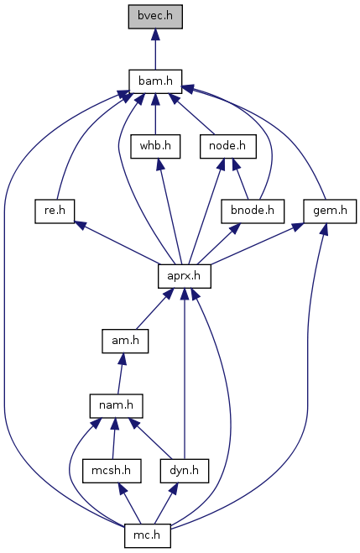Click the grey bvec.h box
(x=155, y=17)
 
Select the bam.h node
(x=155, y=81)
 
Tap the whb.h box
(x=155, y=146)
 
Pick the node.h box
(x=227, y=146)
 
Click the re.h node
(x=55, y=211)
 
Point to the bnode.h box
(x=253, y=211)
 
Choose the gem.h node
(x=330, y=211)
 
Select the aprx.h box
(x=185, y=276)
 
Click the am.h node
(x=125, y=341)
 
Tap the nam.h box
(x=116, y=405)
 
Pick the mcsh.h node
(x=112, y=471)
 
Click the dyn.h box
(x=185, y=471)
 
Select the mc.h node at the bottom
(x=148, y=535)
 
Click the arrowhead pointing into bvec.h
(x=155, y=34)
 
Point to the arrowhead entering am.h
(x=122, y=358)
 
